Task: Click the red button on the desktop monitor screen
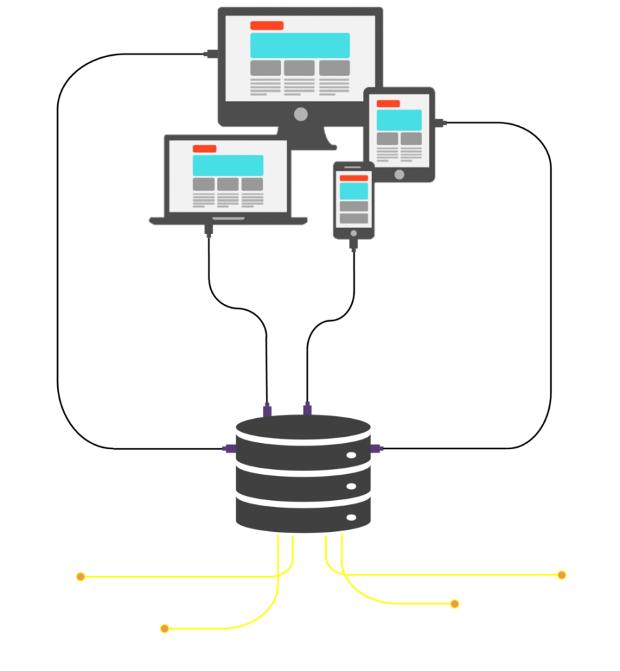[x=267, y=25]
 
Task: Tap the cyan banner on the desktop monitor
[x=300, y=45]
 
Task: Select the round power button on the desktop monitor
[x=300, y=114]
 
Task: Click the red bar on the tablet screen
[x=388, y=103]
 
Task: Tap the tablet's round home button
[x=400, y=174]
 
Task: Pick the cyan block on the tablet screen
[x=399, y=119]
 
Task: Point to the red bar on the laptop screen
[x=205, y=149]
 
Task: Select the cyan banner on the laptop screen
[x=228, y=165]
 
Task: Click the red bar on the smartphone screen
[x=354, y=178]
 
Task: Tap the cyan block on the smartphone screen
[x=354, y=191]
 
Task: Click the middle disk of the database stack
[x=303, y=476]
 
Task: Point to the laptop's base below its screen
[x=228, y=220]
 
